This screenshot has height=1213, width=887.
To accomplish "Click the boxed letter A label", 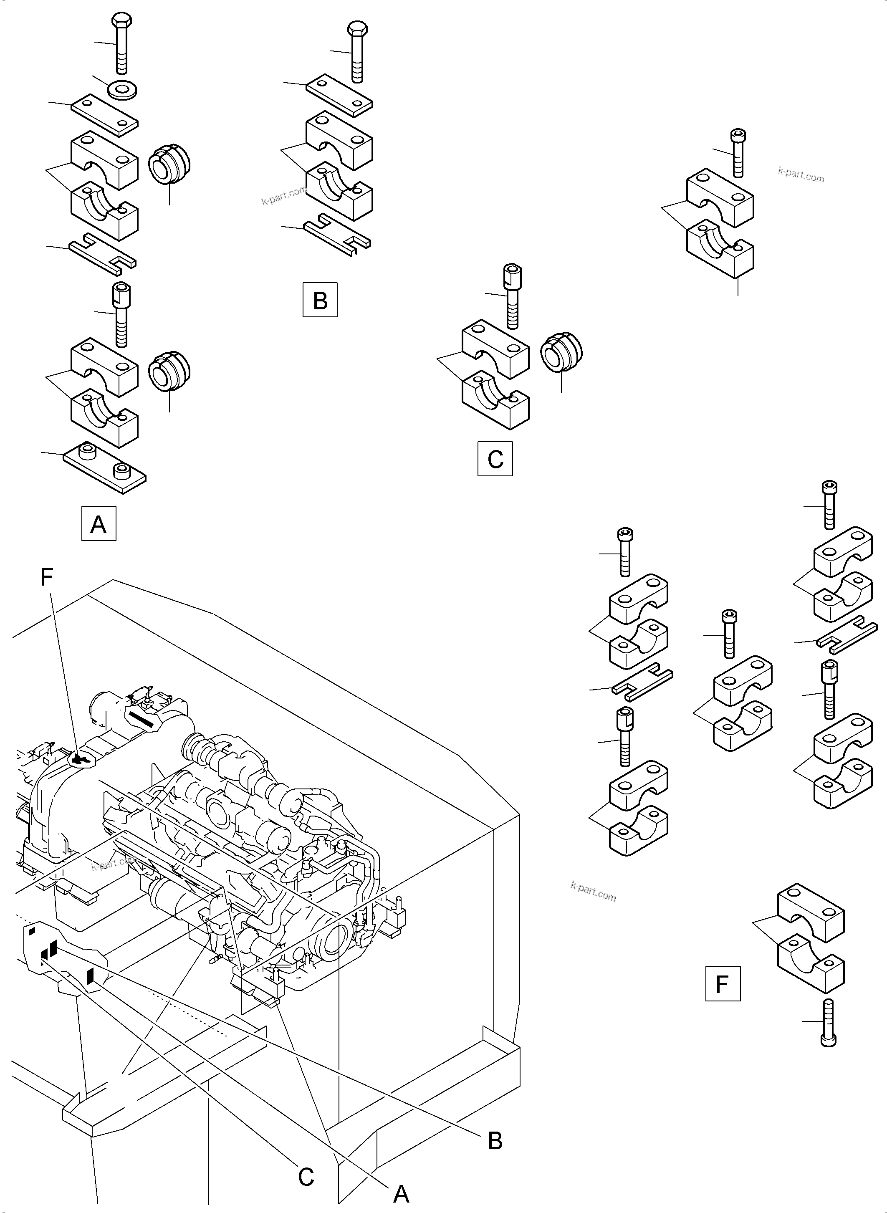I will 98,523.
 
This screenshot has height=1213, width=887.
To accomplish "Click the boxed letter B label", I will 320,300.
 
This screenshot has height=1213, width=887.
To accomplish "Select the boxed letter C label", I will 495,459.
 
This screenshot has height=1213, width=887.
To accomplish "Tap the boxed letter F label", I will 723,983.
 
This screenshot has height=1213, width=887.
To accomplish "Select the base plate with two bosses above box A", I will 104,467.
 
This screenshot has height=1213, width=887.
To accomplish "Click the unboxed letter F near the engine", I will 47,577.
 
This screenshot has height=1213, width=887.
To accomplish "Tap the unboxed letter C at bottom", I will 306,1177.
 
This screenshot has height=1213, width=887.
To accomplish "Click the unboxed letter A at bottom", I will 401,1194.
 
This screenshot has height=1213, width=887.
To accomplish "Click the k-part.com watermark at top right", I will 801,174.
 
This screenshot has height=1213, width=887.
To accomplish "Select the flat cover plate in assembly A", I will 105,114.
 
